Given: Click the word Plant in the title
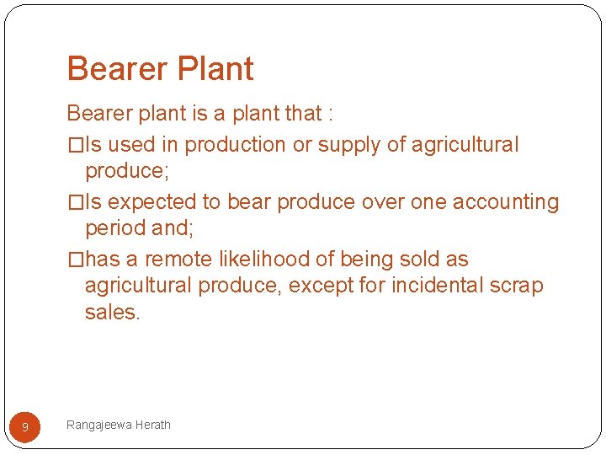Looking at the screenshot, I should click(215, 69).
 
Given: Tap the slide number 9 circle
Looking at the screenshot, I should click(24, 427).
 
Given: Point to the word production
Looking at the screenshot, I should click(235, 145).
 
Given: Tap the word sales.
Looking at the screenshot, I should click(112, 312).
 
